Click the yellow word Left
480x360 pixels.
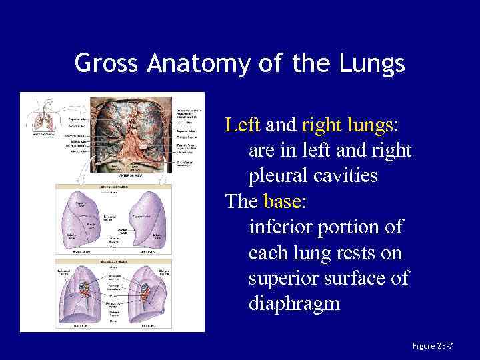click(243, 125)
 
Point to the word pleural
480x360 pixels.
click(281, 176)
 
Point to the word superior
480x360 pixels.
click(283, 279)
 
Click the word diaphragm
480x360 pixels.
click(294, 305)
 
